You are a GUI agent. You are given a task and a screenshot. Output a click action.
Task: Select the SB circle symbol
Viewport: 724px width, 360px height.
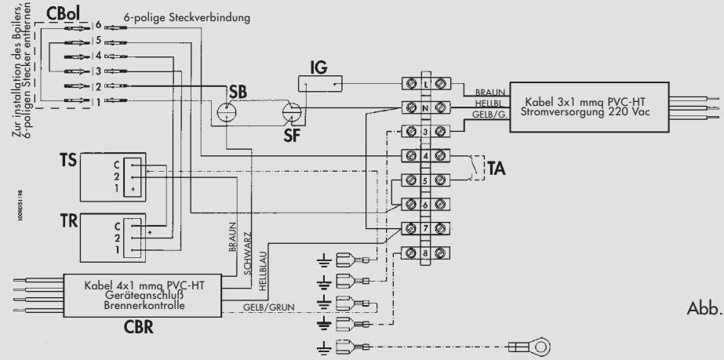(227, 112)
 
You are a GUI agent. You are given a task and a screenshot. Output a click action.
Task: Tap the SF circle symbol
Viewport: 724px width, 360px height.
(292, 113)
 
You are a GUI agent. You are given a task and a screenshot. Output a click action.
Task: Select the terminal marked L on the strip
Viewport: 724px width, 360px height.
(424, 82)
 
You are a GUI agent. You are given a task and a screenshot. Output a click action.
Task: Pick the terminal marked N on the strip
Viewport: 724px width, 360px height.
(424, 107)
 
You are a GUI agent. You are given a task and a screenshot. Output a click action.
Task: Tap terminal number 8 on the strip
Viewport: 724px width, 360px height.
(424, 254)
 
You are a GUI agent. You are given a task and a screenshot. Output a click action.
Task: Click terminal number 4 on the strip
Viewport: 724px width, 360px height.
(424, 155)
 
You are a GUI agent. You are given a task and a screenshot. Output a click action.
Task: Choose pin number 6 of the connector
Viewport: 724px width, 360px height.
(97, 27)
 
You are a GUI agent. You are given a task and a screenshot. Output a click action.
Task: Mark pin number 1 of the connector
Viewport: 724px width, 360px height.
(97, 100)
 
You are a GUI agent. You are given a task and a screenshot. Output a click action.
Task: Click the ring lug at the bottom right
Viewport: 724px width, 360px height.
(542, 344)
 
